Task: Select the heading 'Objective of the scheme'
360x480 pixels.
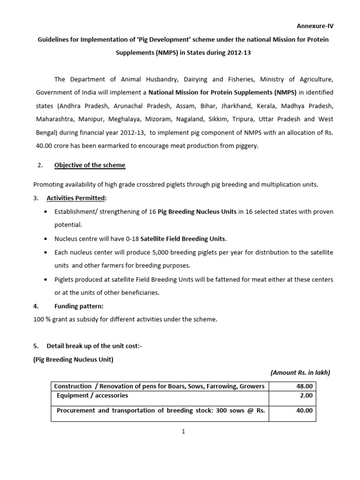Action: (x=90, y=165)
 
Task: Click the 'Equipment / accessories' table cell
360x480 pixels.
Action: (x=92, y=396)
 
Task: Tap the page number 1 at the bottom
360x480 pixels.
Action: (x=184, y=432)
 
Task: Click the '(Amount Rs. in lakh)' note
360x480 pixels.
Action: (x=300, y=373)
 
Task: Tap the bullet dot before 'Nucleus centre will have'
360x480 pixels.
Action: (x=45, y=239)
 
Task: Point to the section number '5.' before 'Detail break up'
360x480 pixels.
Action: (x=36, y=346)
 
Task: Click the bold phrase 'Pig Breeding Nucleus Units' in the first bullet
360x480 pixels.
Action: (x=197, y=212)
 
